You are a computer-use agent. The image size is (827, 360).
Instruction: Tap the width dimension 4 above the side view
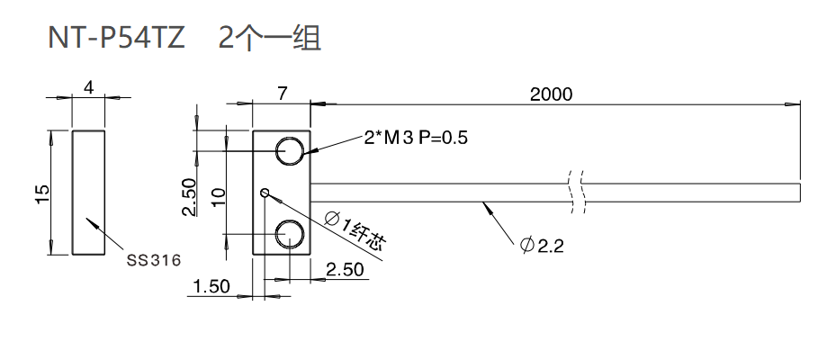click(88, 87)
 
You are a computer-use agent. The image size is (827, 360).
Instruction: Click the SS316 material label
click(154, 260)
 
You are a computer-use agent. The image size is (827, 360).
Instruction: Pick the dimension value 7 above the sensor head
click(282, 93)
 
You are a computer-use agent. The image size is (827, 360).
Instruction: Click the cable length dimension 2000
click(552, 94)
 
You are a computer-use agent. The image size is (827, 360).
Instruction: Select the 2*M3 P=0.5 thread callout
click(417, 138)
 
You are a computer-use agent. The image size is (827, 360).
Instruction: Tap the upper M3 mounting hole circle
click(290, 151)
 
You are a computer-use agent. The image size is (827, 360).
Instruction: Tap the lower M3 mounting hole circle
click(290, 233)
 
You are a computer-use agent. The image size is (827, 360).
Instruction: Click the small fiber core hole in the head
click(265, 192)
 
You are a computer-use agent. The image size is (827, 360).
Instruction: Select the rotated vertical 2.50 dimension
click(189, 197)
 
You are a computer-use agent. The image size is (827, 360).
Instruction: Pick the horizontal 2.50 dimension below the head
click(345, 269)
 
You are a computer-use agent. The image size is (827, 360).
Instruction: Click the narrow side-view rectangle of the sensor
click(88, 193)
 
